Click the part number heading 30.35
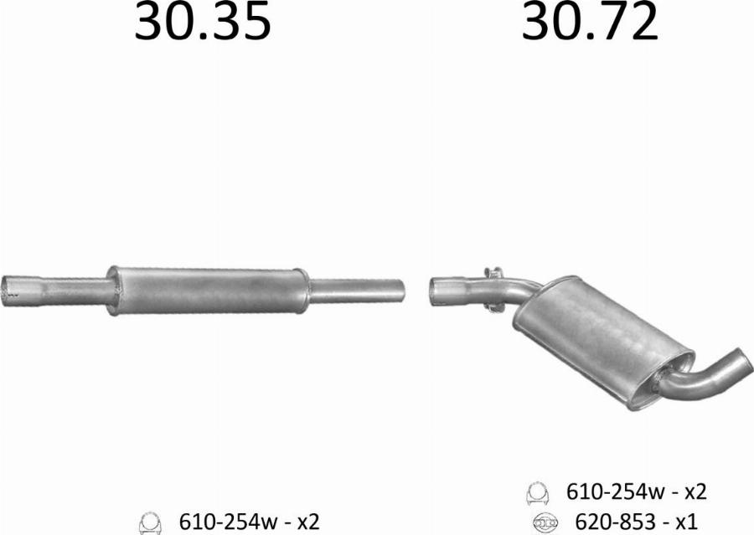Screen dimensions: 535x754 [203, 24]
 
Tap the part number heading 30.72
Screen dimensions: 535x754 [590, 24]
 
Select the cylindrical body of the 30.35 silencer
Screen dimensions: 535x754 [208, 291]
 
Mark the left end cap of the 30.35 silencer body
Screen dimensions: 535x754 [114, 291]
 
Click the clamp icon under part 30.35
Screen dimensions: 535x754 [150, 522]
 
